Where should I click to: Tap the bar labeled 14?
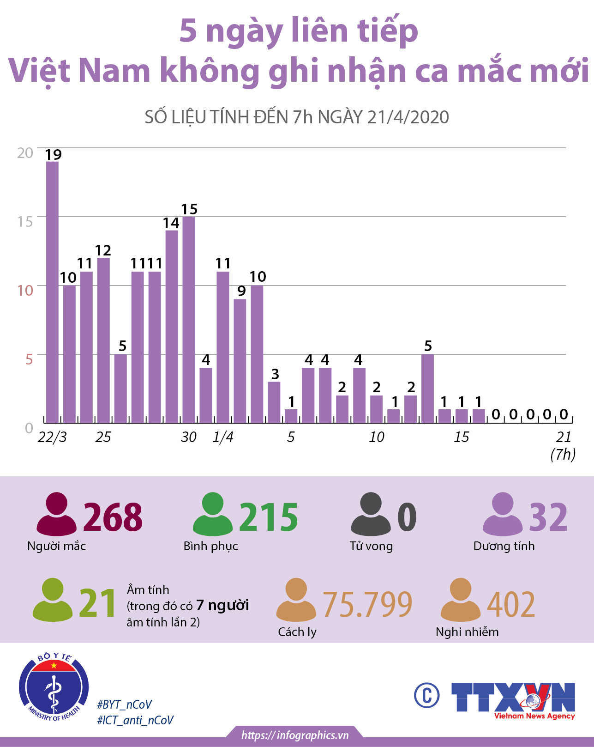(x=172, y=326)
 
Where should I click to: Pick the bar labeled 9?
(x=240, y=361)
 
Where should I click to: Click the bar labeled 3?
(x=274, y=402)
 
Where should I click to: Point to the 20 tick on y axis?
(x=25, y=153)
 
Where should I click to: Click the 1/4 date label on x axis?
(x=223, y=437)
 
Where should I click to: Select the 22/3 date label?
(x=52, y=437)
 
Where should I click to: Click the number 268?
(x=113, y=517)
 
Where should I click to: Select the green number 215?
(x=269, y=517)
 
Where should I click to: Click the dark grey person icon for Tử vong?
(x=371, y=514)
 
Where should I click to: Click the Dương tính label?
(x=504, y=546)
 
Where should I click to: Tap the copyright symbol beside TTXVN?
(x=426, y=695)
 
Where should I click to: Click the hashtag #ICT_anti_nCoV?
(x=135, y=720)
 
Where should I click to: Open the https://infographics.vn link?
(x=295, y=735)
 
